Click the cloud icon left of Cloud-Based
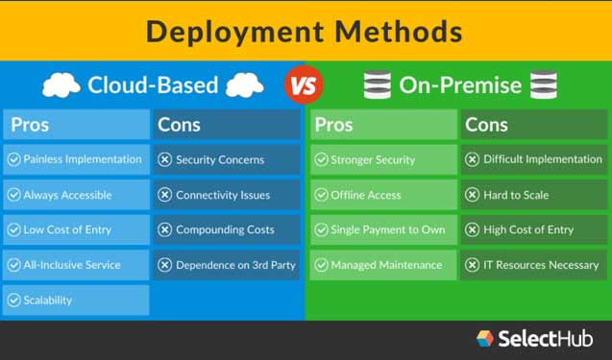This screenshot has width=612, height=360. (x=61, y=85)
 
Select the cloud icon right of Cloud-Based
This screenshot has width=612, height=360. (x=244, y=85)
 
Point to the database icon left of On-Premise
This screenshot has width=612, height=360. (x=375, y=85)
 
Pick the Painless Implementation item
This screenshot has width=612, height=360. (x=76, y=159)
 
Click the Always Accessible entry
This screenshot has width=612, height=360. (x=76, y=195)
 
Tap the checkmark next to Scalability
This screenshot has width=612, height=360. (x=13, y=300)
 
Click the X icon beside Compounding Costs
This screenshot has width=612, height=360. (x=164, y=230)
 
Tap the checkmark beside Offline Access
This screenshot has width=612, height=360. (x=321, y=195)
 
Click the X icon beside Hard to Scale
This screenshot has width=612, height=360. (x=472, y=195)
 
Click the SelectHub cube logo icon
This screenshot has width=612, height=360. (x=485, y=338)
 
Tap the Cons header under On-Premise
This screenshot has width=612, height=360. (x=486, y=125)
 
